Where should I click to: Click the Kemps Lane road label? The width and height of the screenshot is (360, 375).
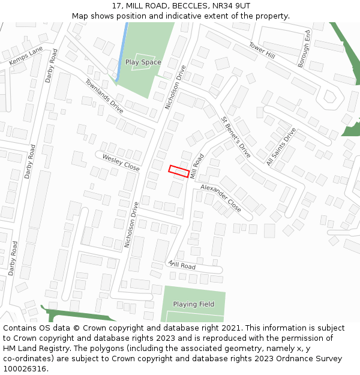pyautogui.click(x=26, y=55)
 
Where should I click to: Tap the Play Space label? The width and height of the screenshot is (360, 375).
pyautogui.click(x=143, y=62)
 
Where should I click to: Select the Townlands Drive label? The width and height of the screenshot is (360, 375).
pyautogui.click(x=104, y=96)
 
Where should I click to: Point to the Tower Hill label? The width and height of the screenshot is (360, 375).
pyautogui.click(x=262, y=50)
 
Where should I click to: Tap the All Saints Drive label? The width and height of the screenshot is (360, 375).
pyautogui.click(x=281, y=146)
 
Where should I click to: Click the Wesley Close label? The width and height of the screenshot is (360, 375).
pyautogui.click(x=121, y=163)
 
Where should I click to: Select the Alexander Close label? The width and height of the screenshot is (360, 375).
pyautogui.click(x=220, y=198)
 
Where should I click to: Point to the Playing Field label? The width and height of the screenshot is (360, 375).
pyautogui.click(x=193, y=304)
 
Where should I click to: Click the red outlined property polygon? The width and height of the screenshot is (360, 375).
pyautogui.click(x=179, y=170)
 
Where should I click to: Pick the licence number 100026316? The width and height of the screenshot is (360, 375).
pyautogui.click(x=25, y=368)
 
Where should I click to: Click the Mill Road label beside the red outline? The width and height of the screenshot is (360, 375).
pyautogui.click(x=196, y=166)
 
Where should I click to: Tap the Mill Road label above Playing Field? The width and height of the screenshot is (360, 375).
pyautogui.click(x=182, y=265)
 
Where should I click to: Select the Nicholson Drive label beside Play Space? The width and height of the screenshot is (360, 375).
pyautogui.click(x=176, y=87)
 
